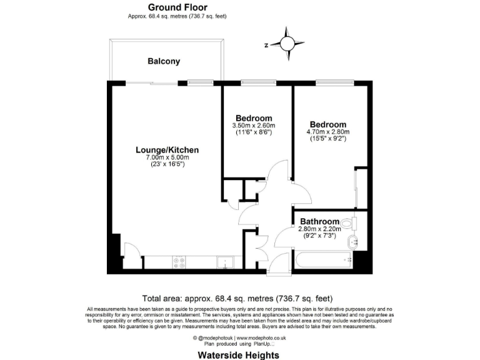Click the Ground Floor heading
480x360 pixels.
click(177, 7)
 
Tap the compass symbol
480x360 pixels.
click(287, 43)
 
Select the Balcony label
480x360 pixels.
click(164, 61)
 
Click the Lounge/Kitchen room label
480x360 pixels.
click(167, 150)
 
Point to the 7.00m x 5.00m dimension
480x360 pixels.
click(167, 157)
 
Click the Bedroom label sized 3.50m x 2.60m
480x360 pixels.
click(253, 118)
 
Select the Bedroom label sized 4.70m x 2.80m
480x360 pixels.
click(327, 124)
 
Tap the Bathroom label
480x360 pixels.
click(319, 222)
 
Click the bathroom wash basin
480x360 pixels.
click(352, 243)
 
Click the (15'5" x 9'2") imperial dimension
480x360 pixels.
click(327, 139)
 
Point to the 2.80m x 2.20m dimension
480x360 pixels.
click(319, 229)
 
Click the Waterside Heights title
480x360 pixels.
click(239, 354)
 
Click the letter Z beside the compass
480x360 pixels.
click(266, 44)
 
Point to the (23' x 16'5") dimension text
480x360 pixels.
click(167, 164)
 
